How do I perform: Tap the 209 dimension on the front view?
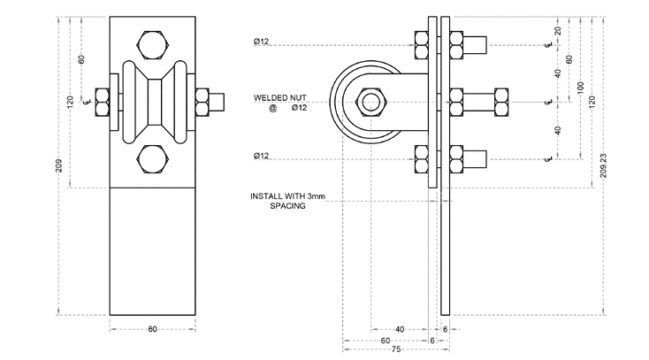coord(58,168)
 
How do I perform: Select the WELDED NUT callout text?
coord(277,97)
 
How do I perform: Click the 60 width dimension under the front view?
coord(152,329)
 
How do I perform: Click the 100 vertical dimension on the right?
coord(580,88)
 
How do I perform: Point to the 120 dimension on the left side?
coord(70,102)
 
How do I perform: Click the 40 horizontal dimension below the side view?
coord(400,329)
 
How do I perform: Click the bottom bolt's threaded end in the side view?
coord(478,159)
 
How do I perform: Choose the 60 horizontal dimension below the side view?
coord(385,340)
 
